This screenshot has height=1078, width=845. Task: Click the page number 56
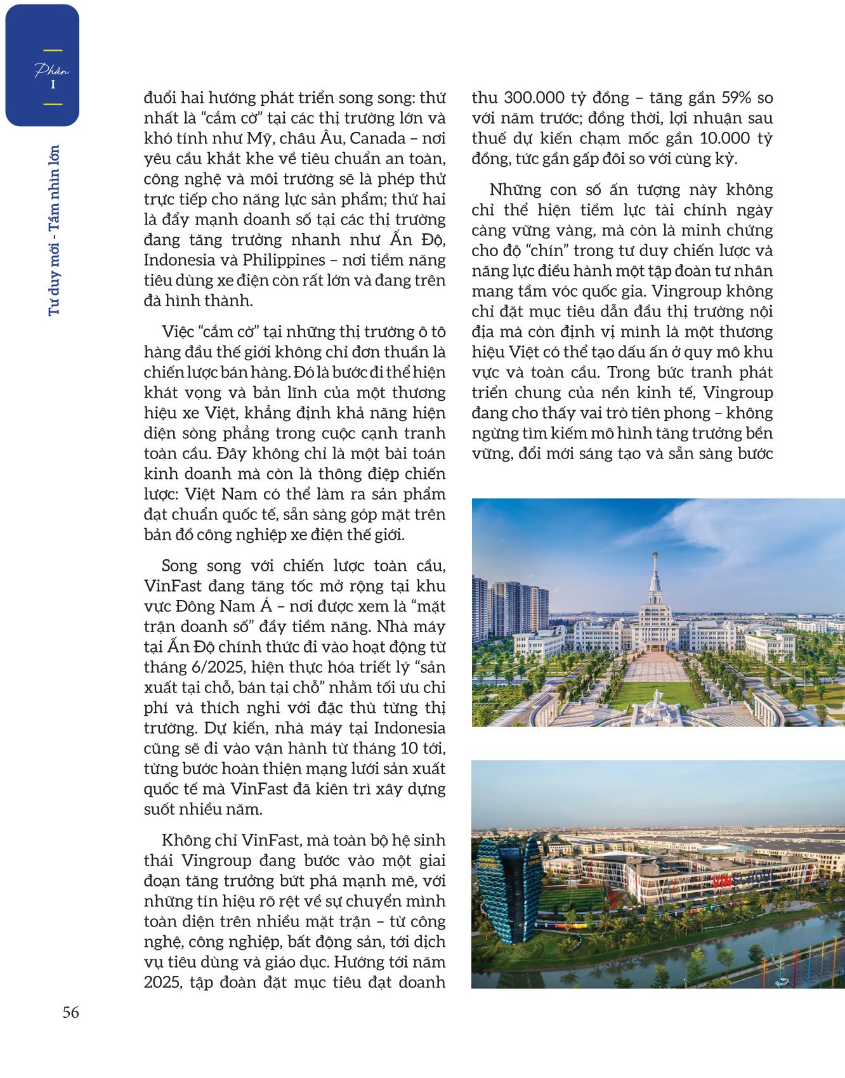[70, 1013]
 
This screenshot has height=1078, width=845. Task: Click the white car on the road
[786, 982]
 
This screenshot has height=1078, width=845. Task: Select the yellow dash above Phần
[52, 50]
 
